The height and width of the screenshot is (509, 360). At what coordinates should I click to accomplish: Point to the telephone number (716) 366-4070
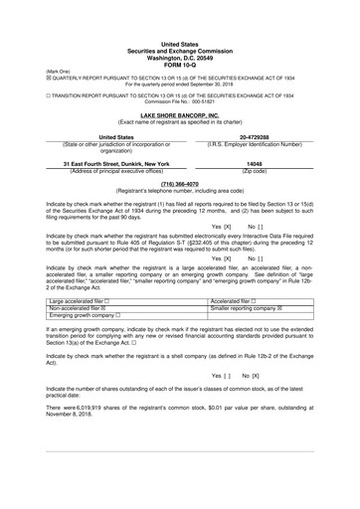tap(179, 183)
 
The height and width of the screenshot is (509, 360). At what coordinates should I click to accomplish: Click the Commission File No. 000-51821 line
tap(179, 101)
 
